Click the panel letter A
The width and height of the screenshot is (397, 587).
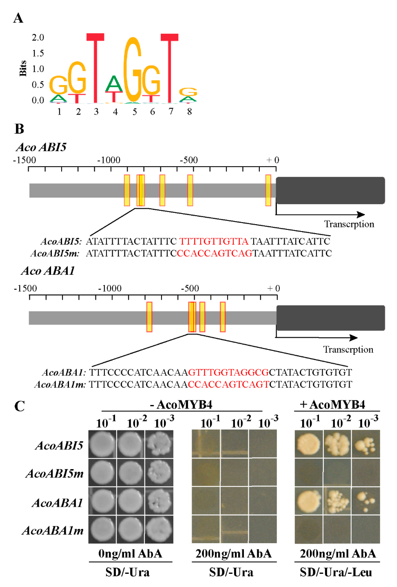18,18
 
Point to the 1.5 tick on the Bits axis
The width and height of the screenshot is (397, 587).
38,53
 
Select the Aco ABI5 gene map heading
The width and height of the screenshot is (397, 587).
41,147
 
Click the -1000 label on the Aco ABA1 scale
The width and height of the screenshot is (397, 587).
110,288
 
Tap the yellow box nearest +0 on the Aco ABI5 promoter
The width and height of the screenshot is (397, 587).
268,190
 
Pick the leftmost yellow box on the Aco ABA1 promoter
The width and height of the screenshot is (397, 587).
149,317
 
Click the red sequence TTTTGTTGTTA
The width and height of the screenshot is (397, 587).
214,241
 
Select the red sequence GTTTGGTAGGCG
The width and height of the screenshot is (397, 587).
228,372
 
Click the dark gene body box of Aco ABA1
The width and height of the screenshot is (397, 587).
331,318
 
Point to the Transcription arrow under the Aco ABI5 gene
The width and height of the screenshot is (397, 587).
321,214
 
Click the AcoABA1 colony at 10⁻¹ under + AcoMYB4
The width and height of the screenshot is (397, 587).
308,501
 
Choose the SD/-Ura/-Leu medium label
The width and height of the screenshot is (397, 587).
336,572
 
